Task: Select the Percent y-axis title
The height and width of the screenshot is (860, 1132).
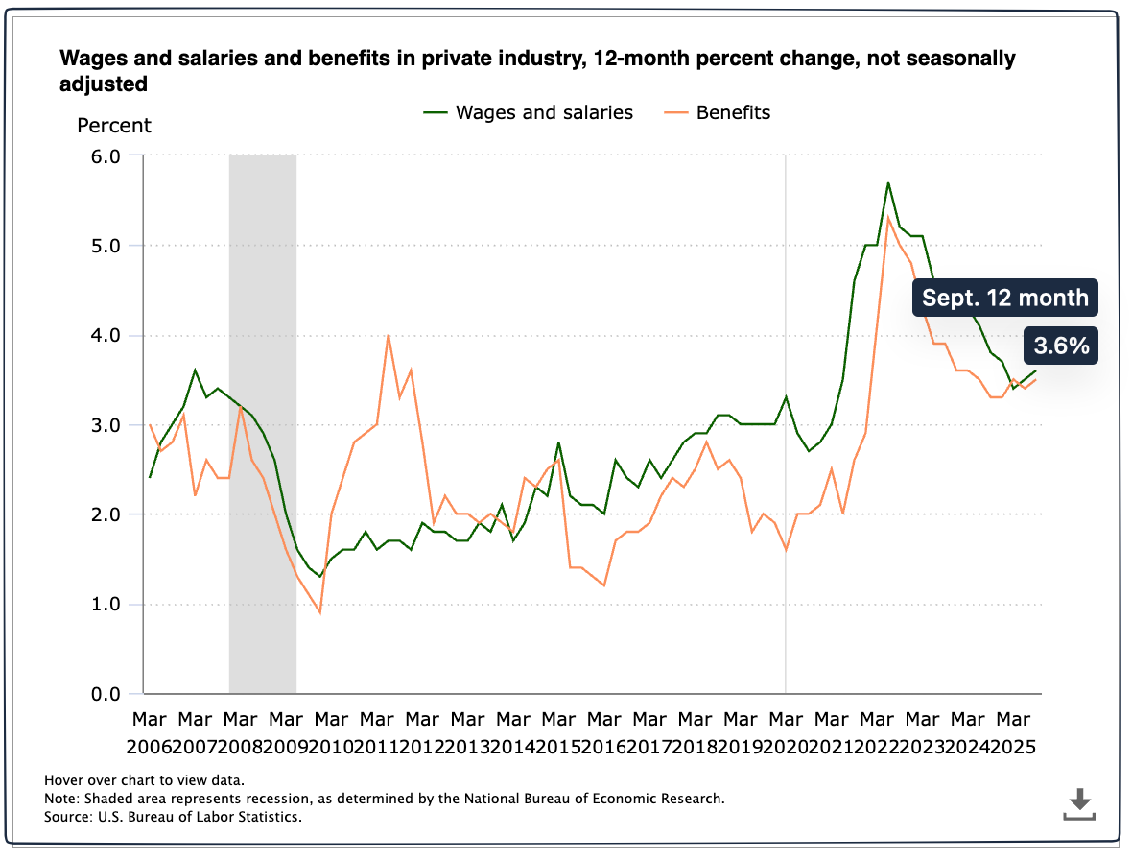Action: coord(114,125)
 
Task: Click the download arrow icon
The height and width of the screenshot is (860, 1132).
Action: coord(1079,802)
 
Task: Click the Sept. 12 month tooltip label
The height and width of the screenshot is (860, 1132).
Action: coord(1005,298)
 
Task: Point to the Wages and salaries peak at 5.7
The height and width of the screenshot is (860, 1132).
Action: coord(888,182)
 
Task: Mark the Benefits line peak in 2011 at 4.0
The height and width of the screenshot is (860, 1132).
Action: coord(388,335)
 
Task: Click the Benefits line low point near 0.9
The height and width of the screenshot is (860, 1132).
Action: coord(319,612)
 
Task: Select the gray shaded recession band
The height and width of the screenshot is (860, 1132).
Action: coord(262,422)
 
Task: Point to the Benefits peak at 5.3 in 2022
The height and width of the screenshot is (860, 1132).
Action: coord(888,218)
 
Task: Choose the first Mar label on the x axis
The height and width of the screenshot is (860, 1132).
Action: coord(150,719)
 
